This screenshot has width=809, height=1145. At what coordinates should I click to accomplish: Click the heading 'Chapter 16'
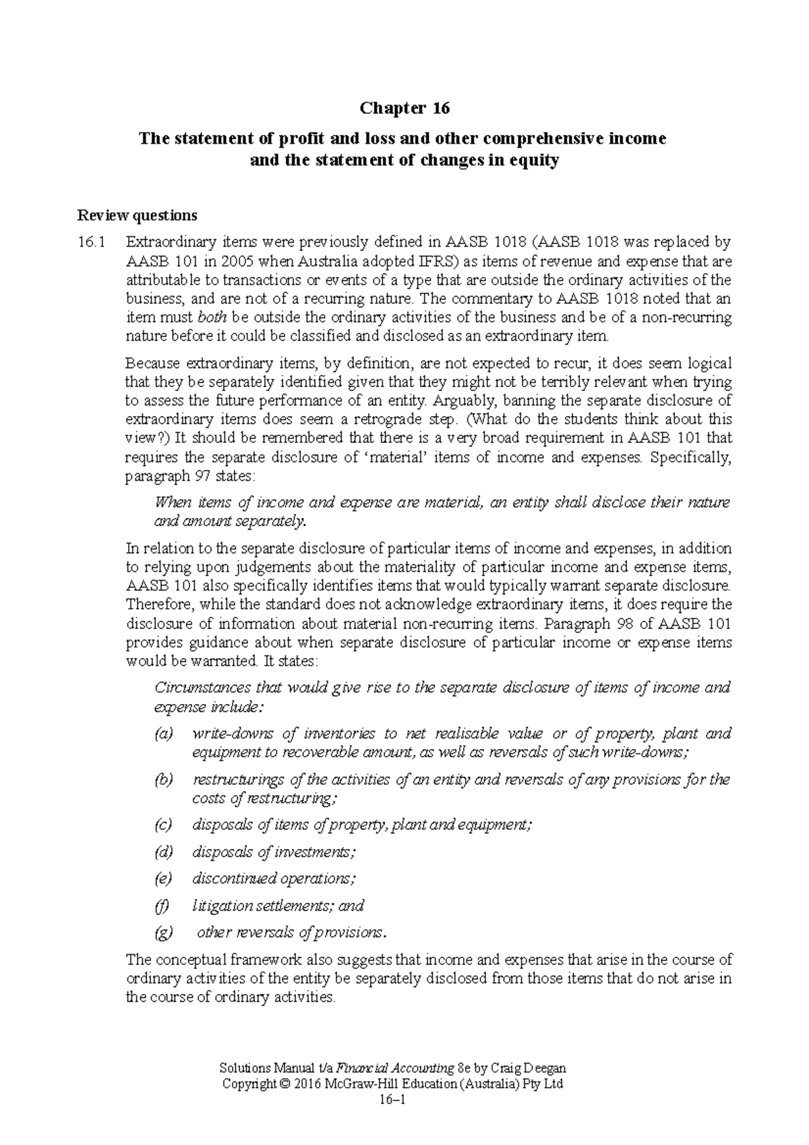pyautogui.click(x=404, y=108)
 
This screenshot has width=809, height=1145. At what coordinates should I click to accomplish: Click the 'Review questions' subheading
pyautogui.click(x=138, y=216)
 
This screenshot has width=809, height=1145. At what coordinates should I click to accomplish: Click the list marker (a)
pyautogui.click(x=164, y=733)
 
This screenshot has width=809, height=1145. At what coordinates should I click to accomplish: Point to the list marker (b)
pyautogui.click(x=164, y=780)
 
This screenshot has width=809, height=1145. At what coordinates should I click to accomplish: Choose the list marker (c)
pyautogui.click(x=163, y=825)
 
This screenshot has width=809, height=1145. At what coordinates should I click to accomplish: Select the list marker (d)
pyautogui.click(x=164, y=852)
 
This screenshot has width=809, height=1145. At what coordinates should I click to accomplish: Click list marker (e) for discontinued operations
pyautogui.click(x=163, y=879)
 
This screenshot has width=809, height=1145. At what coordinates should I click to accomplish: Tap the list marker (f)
pyautogui.click(x=162, y=906)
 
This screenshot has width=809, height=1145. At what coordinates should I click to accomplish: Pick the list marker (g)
pyautogui.click(x=164, y=933)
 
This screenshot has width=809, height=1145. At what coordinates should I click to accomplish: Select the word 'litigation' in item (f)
pyautogui.click(x=222, y=906)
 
